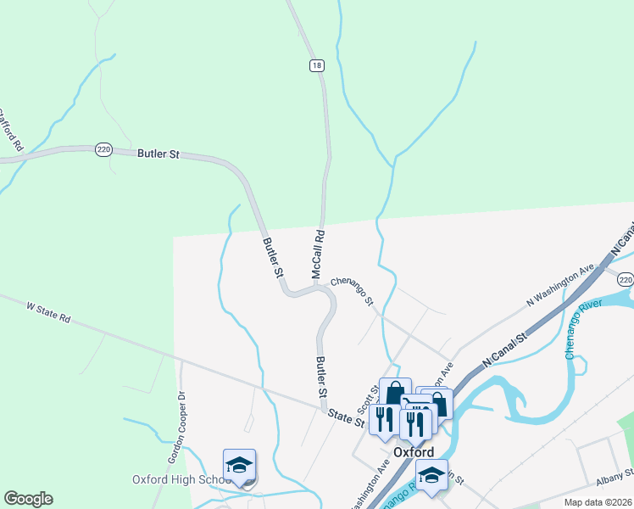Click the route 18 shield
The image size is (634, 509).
click(x=316, y=65)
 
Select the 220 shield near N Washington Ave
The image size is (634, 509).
click(x=625, y=279)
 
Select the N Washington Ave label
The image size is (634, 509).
click(x=560, y=286)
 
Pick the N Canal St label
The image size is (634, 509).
click(x=504, y=350)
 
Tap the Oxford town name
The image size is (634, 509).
click(x=414, y=452)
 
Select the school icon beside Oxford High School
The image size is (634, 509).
click(x=239, y=465)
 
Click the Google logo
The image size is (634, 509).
click(x=28, y=499)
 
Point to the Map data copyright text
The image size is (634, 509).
click(x=597, y=502)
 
